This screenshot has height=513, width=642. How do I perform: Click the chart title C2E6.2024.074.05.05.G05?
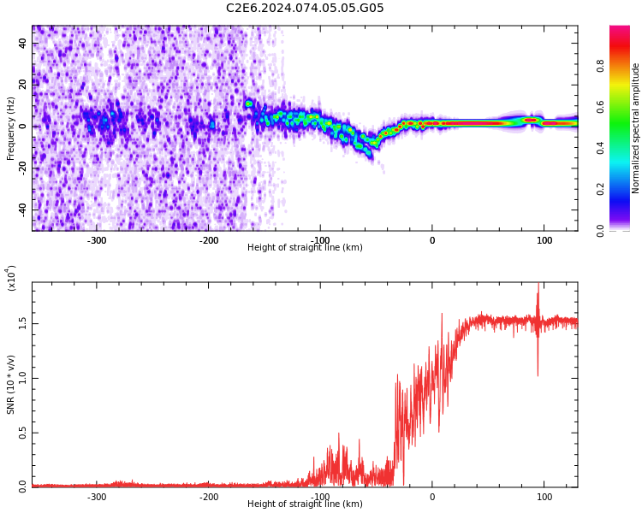[305, 9]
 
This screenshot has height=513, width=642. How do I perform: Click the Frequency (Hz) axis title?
[11, 128]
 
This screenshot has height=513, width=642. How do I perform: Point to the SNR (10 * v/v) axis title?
[11, 385]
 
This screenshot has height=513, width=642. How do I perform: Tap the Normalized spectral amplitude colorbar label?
[636, 128]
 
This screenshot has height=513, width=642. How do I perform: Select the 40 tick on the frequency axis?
[23, 44]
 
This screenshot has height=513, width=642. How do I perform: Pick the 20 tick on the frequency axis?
[23, 85]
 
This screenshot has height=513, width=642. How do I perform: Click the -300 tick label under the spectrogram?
[97, 240]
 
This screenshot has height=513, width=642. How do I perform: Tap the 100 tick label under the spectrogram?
[544, 240]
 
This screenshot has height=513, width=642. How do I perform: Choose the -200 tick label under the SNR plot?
[209, 497]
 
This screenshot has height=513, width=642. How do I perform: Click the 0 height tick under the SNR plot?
[432, 497]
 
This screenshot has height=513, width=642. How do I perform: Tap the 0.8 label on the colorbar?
[602, 65]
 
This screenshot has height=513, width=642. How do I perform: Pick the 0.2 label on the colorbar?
[602, 189]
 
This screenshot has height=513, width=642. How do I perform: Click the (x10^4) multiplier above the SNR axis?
[12, 279]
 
